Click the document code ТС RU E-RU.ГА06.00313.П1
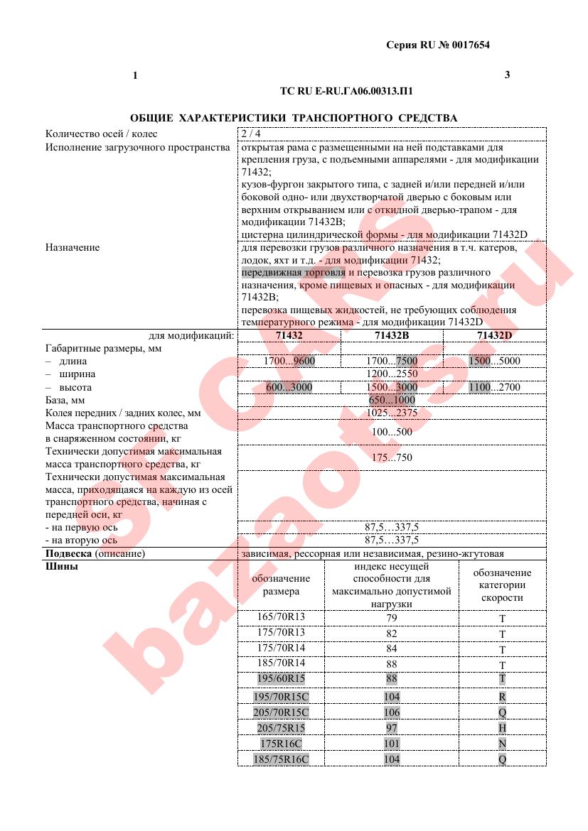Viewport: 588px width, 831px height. tap(346, 92)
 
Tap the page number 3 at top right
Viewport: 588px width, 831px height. tap(507, 75)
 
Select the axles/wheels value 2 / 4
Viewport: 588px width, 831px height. tap(251, 134)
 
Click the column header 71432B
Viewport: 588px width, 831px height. tap(392, 335)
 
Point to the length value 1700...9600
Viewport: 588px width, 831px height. tap(289, 361)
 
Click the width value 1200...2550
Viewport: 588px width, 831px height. tap(392, 374)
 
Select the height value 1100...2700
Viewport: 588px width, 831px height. tap(495, 387)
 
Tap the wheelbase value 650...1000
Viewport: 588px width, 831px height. tap(392, 400)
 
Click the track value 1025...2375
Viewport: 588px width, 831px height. tap(392, 413)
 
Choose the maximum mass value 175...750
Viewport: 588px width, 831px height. tap(392, 457)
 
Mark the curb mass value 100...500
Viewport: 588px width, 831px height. tap(392, 431)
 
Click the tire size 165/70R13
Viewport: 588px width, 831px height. tap(280, 617)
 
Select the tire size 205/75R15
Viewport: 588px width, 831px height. tap(281, 727)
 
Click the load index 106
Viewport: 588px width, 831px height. tap(391, 712)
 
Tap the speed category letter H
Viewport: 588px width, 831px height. tap(502, 728)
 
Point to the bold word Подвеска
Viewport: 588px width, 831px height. tap(69, 553)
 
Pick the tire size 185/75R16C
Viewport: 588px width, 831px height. tap(281, 759)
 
